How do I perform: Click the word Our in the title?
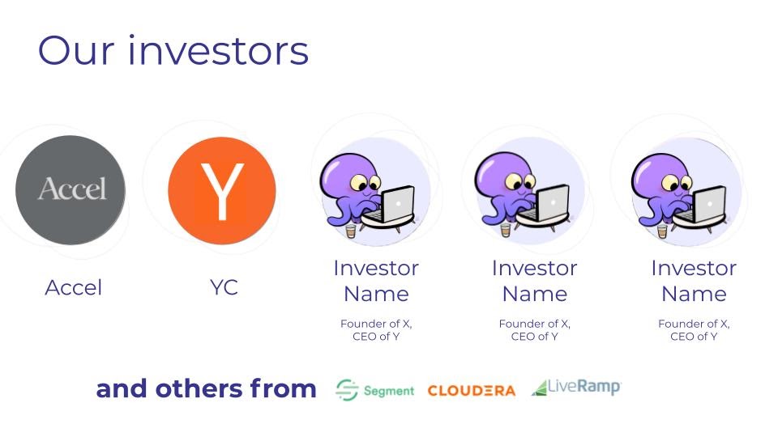click(76, 50)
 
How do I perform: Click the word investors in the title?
click(218, 50)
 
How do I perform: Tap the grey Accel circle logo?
click(71, 190)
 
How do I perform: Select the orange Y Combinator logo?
click(222, 191)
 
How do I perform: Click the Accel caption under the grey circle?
click(74, 288)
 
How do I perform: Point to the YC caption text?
click(224, 287)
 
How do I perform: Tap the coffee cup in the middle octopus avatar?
click(506, 231)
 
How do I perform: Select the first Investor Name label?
click(376, 281)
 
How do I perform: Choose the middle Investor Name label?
click(534, 281)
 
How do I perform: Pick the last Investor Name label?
click(694, 281)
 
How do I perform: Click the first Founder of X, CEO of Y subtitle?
click(376, 330)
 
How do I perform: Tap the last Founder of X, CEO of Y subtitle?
click(694, 330)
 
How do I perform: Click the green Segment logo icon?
click(346, 390)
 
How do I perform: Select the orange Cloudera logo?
click(472, 391)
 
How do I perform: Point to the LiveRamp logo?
click(576, 388)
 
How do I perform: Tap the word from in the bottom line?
click(283, 388)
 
